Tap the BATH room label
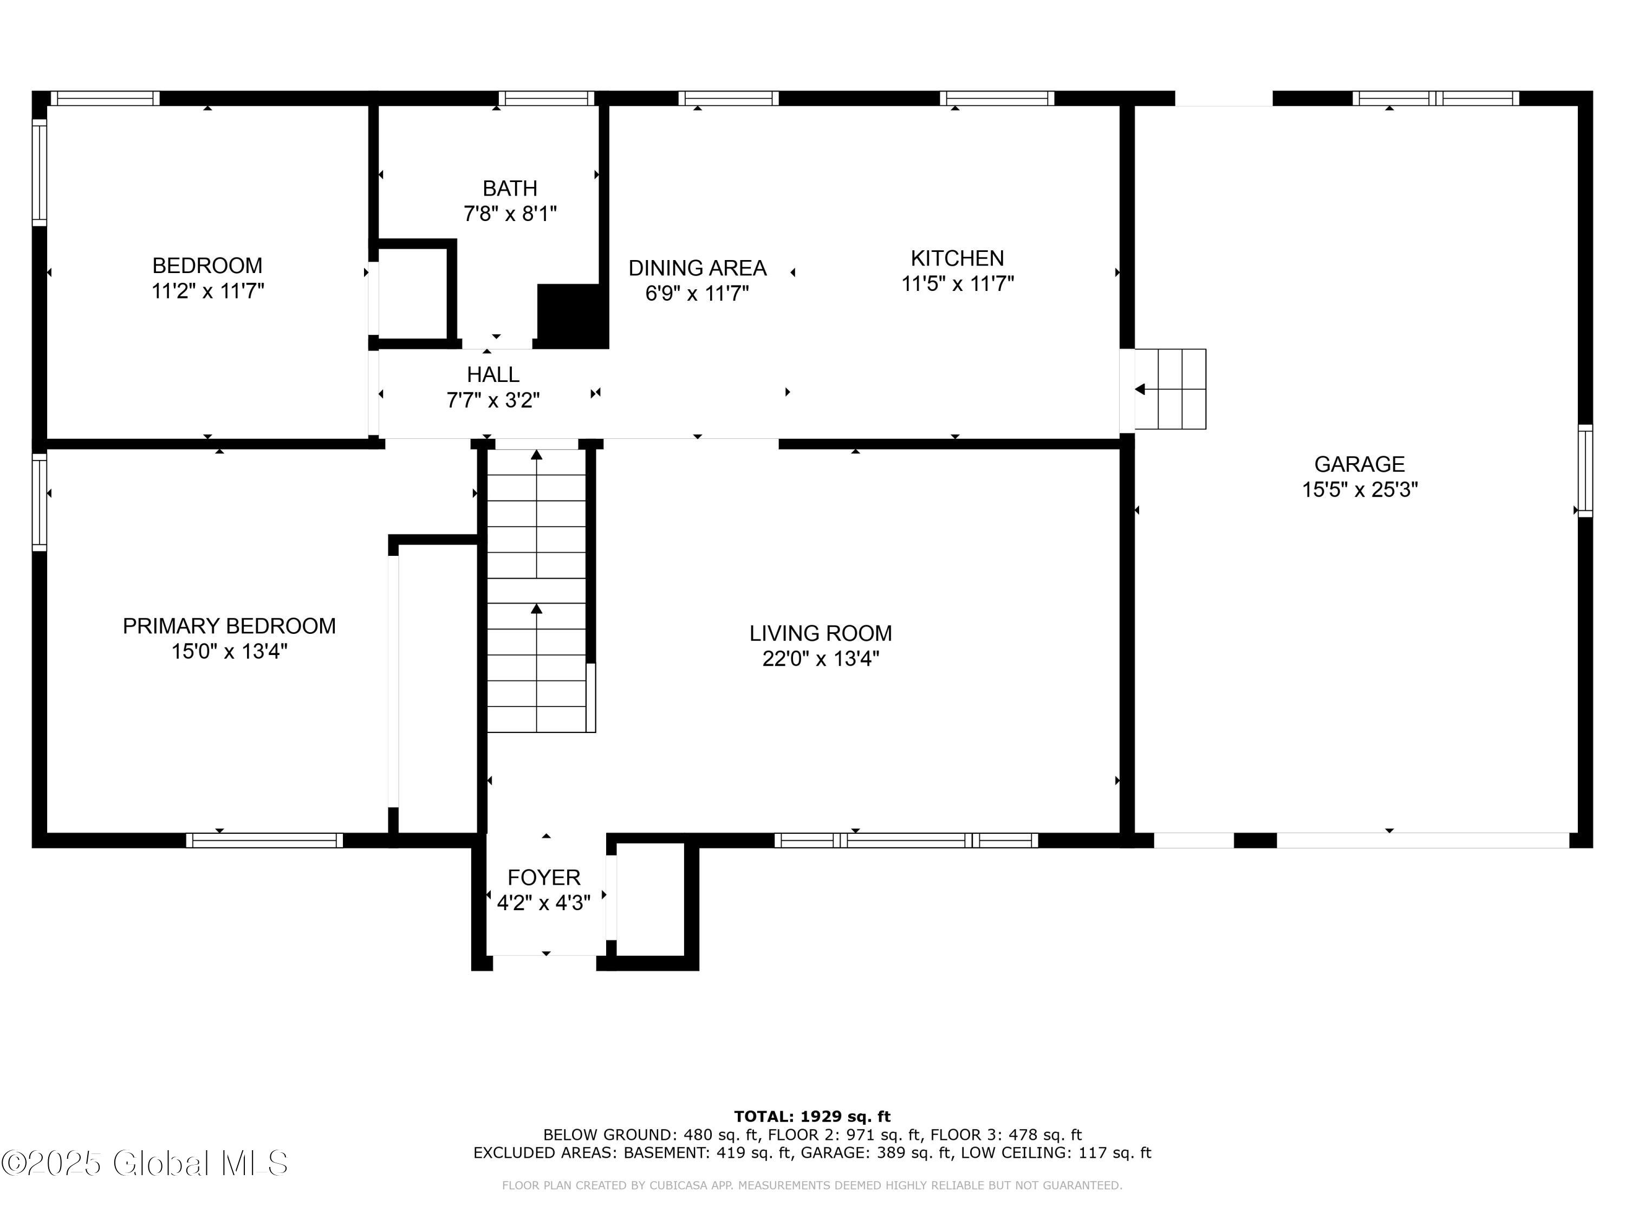click(x=510, y=189)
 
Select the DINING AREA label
click(x=697, y=268)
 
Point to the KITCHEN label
click(x=957, y=258)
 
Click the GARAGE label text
click(x=1359, y=464)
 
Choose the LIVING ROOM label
click(x=821, y=633)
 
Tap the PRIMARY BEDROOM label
click(x=229, y=626)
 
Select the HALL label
click(x=493, y=375)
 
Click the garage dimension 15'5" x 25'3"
click(x=1360, y=490)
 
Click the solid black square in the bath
click(x=573, y=316)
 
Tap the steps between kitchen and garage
click(x=1170, y=388)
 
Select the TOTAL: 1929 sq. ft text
click(x=812, y=1117)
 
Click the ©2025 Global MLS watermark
click(x=145, y=1163)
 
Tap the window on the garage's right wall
click(x=1585, y=470)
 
